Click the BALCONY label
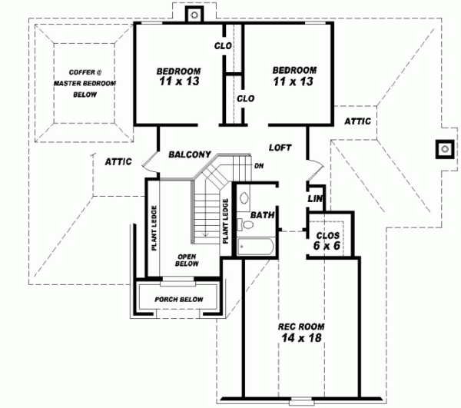pyautogui.click(x=191, y=154)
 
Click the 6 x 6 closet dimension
pyautogui.click(x=327, y=246)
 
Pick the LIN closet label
pyautogui.click(x=314, y=198)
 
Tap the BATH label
pyautogui.click(x=262, y=215)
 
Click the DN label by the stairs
pyautogui.click(x=259, y=165)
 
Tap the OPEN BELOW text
pyautogui.click(x=187, y=260)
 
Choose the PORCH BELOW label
pyautogui.click(x=178, y=299)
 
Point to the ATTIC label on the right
pyautogui.click(x=357, y=121)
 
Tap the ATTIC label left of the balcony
pyautogui.click(x=118, y=161)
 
